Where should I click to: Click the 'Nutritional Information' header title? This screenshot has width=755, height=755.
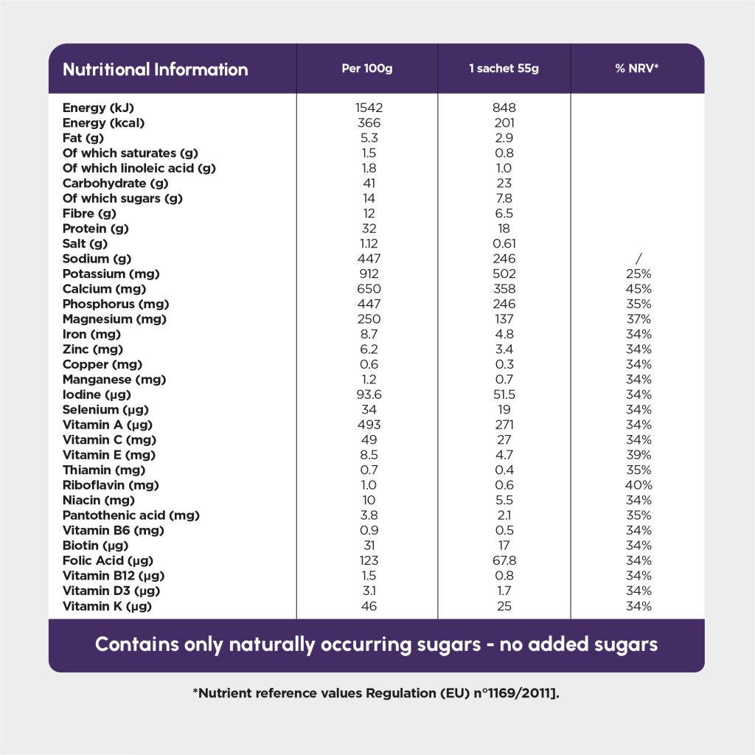click(155, 69)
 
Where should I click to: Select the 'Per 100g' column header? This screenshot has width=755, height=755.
click(367, 69)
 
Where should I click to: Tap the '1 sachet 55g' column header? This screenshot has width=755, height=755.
click(504, 69)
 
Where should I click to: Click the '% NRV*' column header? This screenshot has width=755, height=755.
click(637, 69)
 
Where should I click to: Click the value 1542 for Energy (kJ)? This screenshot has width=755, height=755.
click(369, 108)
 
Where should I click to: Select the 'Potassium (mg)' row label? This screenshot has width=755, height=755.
click(111, 274)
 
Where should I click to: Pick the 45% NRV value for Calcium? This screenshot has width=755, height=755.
click(638, 289)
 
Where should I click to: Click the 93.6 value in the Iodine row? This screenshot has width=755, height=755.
click(369, 394)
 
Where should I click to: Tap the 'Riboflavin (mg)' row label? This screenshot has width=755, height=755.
click(111, 485)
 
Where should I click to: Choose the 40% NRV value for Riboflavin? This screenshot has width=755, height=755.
click(638, 485)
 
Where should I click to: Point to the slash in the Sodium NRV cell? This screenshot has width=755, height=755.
click(638, 259)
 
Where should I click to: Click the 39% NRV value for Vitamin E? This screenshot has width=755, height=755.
click(638, 455)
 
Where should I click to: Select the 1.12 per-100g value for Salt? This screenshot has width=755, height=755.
click(369, 243)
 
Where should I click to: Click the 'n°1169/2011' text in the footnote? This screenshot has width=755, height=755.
click(509, 693)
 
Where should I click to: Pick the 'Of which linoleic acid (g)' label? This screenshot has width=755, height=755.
click(139, 168)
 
